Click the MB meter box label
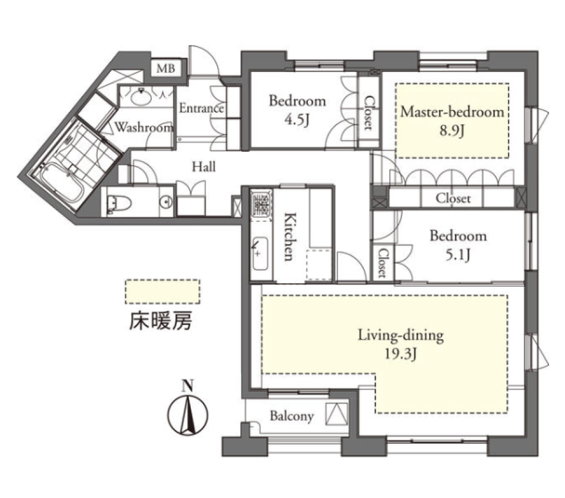click(x=166, y=68)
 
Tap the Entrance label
click(x=201, y=108)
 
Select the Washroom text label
click(x=144, y=127)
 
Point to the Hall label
click(x=204, y=167)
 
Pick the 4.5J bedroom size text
click(x=297, y=119)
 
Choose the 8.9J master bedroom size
click(x=451, y=131)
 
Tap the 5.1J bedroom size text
click(x=458, y=255)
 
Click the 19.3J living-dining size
click(x=400, y=354)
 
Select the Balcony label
click(x=291, y=416)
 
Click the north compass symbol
click(x=187, y=410)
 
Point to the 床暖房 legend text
click(x=160, y=320)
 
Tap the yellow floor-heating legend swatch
click(x=162, y=291)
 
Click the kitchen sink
click(x=260, y=254)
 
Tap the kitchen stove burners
click(x=261, y=205)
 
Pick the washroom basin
click(x=141, y=97)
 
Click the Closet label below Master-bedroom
click(x=453, y=198)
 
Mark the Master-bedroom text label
click(x=452, y=112)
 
